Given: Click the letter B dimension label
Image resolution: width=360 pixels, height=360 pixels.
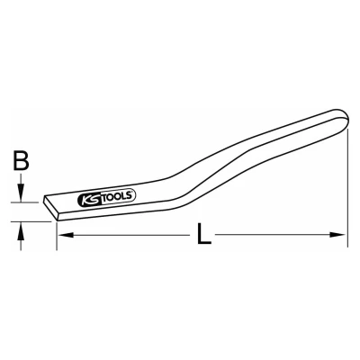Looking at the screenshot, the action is pyautogui.click(x=21, y=160).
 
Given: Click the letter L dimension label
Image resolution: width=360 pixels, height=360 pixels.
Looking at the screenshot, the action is pyautogui.click(x=203, y=234).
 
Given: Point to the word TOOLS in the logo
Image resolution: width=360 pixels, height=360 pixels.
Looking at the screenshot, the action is pyautogui.click(x=119, y=196).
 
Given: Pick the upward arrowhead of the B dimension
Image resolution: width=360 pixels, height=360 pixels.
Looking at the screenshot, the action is pyautogui.click(x=21, y=230).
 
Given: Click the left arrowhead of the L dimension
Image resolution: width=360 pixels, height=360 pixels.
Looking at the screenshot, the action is pyautogui.click(x=66, y=235).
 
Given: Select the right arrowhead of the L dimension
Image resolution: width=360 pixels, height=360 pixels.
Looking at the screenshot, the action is pyautogui.click(x=338, y=235).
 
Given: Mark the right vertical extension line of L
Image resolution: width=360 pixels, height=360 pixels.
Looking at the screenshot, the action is pyautogui.click(x=347, y=188).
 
